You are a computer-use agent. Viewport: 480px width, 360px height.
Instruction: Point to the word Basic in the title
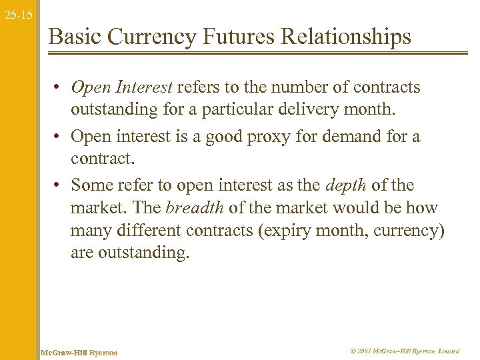pos(74,37)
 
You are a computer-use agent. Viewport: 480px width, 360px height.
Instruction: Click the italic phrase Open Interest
pos(121,87)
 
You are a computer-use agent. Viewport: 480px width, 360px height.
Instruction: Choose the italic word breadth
pos(195,207)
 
